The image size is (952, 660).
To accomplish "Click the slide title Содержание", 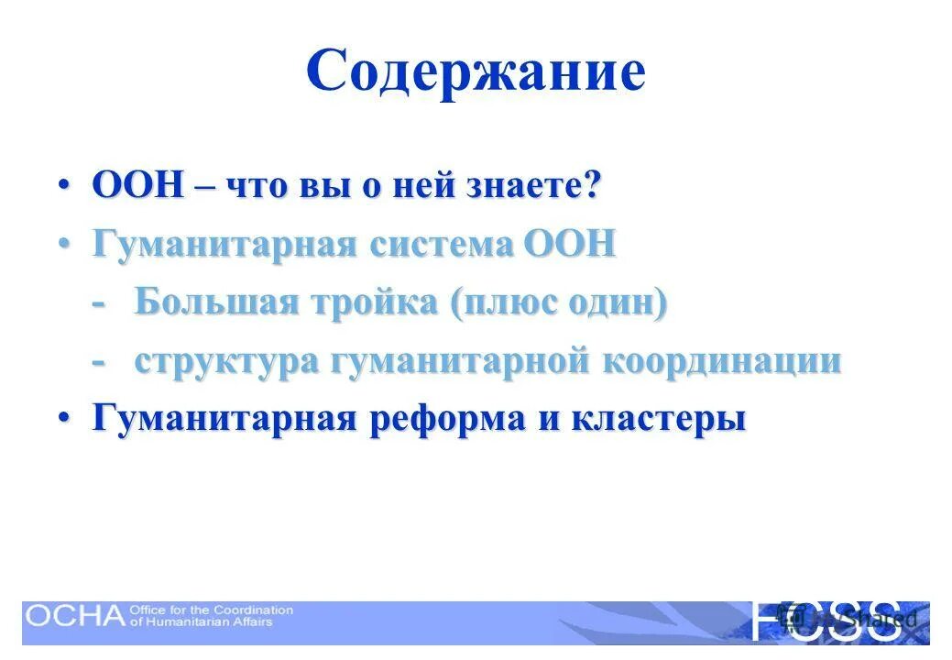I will click(x=476, y=72).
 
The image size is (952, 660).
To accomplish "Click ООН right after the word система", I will click(x=569, y=245).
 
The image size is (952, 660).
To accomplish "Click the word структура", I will click(x=225, y=361).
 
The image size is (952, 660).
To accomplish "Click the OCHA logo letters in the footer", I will click(x=73, y=615).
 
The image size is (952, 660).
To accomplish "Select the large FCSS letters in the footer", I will click(x=825, y=620).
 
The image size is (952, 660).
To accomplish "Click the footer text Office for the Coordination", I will click(x=212, y=609).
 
